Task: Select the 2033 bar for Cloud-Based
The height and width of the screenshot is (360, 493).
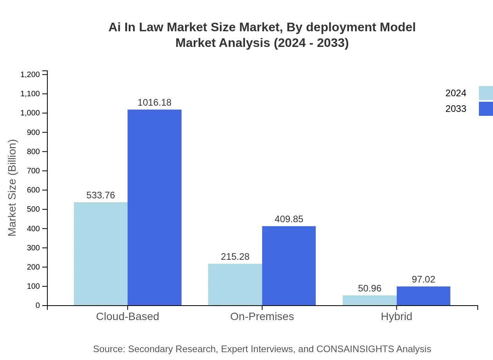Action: (x=155, y=207)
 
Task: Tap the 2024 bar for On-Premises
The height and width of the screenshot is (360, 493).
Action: (x=235, y=284)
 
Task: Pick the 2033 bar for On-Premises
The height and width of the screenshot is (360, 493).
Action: (x=289, y=266)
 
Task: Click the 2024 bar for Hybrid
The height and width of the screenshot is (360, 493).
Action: (x=369, y=300)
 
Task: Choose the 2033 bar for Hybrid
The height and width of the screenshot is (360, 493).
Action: (x=423, y=296)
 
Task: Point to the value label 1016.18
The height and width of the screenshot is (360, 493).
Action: (x=155, y=103)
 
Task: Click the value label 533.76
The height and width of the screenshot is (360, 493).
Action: (x=101, y=195)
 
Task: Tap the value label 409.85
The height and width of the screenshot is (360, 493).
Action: (x=289, y=219)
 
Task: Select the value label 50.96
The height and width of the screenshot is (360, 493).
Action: (x=369, y=288)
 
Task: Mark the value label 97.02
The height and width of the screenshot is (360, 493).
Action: (x=423, y=279)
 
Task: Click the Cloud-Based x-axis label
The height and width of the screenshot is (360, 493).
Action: (x=128, y=317)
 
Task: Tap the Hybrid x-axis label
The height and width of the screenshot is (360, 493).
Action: (x=396, y=317)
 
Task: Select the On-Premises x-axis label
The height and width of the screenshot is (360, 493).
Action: (x=262, y=317)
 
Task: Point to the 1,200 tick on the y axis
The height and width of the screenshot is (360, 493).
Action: (x=30, y=74)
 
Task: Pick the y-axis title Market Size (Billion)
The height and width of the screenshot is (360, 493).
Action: (x=12, y=188)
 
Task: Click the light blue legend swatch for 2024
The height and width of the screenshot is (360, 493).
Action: (x=486, y=93)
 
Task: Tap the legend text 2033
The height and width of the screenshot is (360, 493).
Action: (x=456, y=109)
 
